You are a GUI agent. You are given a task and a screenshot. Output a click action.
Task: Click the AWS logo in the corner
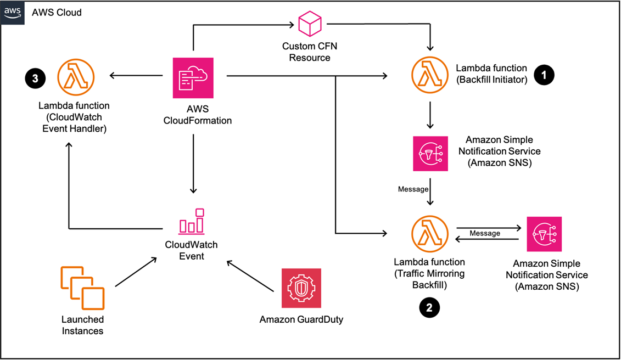12,12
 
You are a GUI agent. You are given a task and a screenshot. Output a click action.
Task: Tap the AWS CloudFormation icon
193,77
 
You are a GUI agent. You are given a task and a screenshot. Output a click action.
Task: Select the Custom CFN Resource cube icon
310,24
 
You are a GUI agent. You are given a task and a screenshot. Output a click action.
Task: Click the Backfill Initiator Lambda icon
430,75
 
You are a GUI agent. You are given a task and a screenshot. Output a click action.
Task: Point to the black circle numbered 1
544,75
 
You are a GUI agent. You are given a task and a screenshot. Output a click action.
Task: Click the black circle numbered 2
430,308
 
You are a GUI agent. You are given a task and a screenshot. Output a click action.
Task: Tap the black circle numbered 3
35,78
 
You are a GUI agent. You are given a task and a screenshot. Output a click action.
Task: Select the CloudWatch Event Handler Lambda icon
76,77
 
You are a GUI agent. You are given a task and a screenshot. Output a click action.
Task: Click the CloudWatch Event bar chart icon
192,221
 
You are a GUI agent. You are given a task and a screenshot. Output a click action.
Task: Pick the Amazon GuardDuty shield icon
301,288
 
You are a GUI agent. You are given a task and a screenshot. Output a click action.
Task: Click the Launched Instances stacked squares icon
82,288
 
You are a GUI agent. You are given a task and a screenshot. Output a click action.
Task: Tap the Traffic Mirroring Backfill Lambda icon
430,234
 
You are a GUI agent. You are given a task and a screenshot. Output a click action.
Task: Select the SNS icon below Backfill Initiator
430,154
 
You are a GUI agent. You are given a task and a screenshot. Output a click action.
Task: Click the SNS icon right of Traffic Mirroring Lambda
544,234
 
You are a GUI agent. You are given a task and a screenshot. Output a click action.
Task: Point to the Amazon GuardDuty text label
301,319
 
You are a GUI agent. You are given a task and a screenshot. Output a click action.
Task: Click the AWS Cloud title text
57,12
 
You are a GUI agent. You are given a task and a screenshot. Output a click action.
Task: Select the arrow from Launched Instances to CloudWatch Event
136,272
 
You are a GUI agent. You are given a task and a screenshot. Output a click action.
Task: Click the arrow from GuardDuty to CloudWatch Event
250,275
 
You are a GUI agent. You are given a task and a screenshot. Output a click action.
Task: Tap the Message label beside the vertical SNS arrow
413,189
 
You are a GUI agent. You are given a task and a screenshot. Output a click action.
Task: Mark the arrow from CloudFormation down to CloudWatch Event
193,164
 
